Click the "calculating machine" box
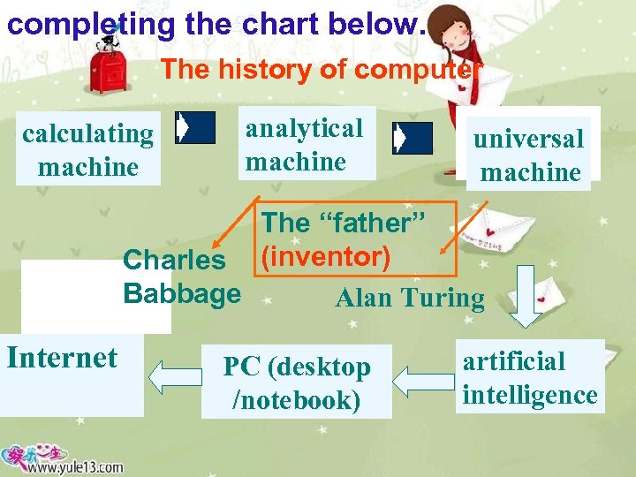[x=88, y=149]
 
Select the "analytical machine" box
[x=306, y=145]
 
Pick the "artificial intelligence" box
[x=530, y=377]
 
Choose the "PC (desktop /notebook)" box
[x=297, y=382]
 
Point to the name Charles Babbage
[x=181, y=276]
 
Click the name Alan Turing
[x=410, y=299]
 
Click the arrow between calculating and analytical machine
[x=194, y=128]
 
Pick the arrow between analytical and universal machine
[x=412, y=138]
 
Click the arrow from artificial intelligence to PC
[x=422, y=381]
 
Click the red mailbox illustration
[x=110, y=69]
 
